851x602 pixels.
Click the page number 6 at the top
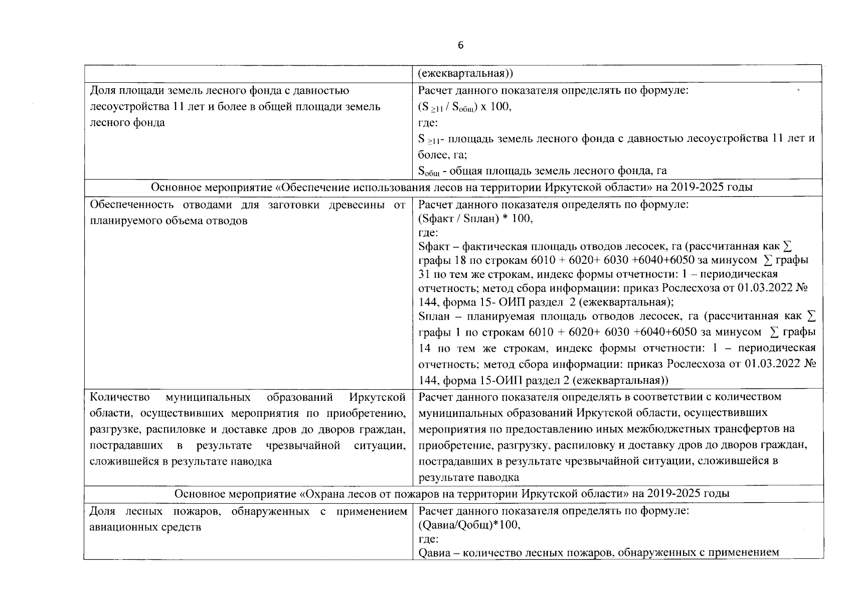461,46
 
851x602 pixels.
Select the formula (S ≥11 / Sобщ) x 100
464,107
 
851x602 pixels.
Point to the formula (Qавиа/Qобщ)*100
469,525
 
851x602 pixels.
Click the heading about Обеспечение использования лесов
451,188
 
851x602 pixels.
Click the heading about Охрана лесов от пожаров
451,494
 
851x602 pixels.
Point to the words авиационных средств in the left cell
145,527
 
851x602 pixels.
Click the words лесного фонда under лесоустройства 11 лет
127,123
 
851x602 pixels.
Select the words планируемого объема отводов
168,221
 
